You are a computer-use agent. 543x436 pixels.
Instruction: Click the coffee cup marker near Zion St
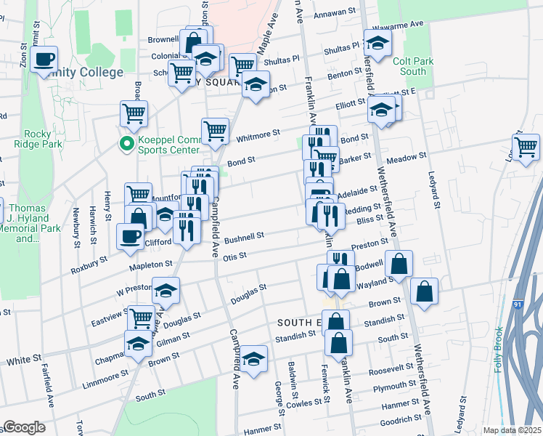[44, 59]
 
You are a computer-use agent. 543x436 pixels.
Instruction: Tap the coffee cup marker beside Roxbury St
[131, 237]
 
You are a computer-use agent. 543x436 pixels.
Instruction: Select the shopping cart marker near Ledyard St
[526, 147]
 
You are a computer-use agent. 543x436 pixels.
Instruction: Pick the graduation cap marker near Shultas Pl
[377, 45]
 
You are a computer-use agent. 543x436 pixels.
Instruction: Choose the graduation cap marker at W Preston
[166, 291]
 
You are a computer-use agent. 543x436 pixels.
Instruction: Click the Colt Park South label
[414, 66]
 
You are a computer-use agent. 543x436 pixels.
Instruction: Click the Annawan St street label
[335, 12]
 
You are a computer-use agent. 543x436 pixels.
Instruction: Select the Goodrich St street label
[401, 419]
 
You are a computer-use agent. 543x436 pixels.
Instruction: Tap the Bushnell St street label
[243, 237]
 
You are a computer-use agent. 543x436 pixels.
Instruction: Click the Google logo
[25, 427]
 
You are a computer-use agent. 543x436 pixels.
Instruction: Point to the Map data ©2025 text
[512, 430]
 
